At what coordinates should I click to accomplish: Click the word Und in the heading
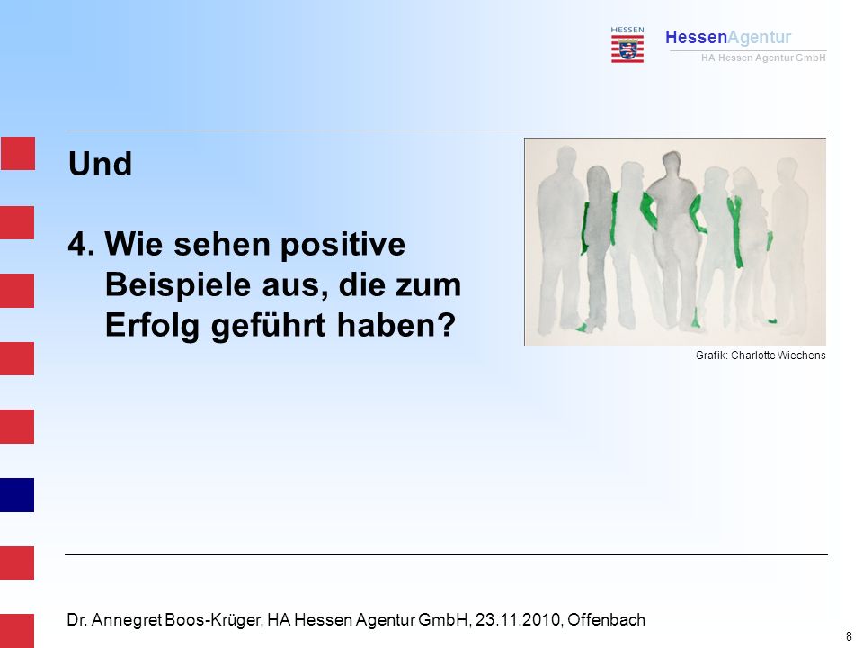click(x=100, y=164)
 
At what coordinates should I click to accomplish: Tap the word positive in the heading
click(x=343, y=245)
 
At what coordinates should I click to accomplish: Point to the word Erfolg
click(x=152, y=326)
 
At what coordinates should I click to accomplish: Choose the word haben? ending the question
click(x=396, y=325)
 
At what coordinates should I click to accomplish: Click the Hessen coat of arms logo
click(x=627, y=45)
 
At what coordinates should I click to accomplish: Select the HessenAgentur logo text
click(x=728, y=37)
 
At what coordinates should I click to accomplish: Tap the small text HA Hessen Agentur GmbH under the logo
click(x=763, y=58)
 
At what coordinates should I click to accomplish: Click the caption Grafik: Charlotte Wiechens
click(x=761, y=355)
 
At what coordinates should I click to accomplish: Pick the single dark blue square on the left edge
click(x=17, y=495)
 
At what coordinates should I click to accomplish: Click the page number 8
click(x=849, y=636)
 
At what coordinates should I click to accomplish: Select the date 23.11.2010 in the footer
click(x=518, y=620)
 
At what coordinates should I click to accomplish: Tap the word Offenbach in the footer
click(x=606, y=620)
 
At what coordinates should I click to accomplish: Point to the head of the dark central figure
click(x=672, y=164)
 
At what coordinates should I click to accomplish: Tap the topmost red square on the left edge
click(x=18, y=154)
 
